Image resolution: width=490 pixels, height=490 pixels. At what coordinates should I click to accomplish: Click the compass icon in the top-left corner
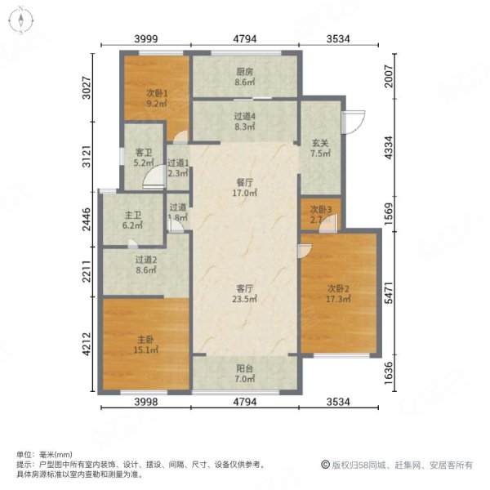19,20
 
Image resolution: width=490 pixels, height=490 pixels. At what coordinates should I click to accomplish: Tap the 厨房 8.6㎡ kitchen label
245,76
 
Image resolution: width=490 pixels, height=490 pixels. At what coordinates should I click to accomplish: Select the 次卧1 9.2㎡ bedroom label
157,98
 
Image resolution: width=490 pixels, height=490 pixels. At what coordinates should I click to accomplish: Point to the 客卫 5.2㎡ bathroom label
145,157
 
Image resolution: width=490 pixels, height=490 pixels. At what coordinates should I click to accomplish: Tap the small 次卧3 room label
320,214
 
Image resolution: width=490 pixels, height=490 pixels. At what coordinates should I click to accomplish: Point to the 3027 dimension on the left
87,87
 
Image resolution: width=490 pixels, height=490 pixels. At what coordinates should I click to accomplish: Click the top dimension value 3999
145,38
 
